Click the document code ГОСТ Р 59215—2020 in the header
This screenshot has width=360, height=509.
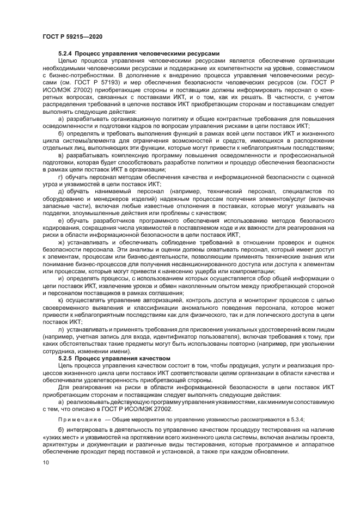click(72, 36)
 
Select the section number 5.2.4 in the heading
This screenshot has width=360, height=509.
click(65, 53)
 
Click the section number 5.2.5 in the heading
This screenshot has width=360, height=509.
click(65, 358)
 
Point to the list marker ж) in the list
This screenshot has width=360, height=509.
click(61, 242)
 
